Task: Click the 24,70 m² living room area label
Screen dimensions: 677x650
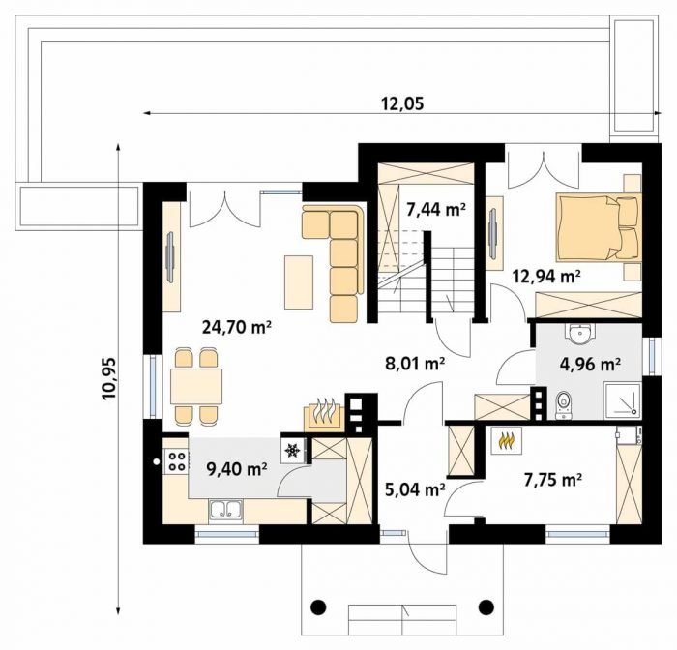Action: tap(237, 327)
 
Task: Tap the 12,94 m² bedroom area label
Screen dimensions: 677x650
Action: tap(546, 276)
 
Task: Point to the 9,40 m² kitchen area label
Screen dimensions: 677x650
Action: tap(237, 468)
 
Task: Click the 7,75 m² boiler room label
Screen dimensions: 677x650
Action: tap(553, 480)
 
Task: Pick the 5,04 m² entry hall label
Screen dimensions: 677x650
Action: tap(415, 489)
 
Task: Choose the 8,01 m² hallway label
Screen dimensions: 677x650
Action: tap(415, 364)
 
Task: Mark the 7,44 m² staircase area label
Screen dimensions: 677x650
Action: tap(436, 210)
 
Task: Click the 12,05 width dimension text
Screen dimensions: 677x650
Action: tap(402, 103)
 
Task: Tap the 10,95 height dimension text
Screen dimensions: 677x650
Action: tap(108, 379)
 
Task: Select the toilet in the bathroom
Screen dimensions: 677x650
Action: tap(563, 405)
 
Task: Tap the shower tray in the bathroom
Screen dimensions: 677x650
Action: tap(623, 399)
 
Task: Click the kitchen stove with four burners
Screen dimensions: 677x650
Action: tap(177, 460)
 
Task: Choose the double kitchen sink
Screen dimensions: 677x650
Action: tap(225, 509)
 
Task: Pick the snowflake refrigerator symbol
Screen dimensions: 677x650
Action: tap(293, 451)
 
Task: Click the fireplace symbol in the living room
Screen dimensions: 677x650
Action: tap(324, 416)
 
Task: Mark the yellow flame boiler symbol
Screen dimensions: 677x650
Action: tap(507, 440)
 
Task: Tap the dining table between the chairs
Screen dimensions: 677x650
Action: tap(196, 386)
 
